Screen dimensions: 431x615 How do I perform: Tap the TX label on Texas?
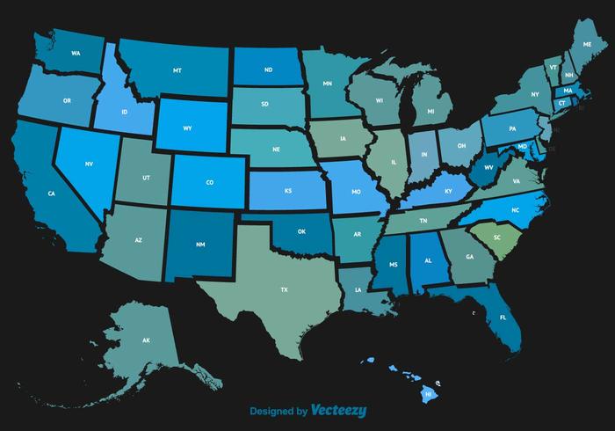tap(284, 289)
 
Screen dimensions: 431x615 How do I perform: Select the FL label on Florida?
tap(503, 317)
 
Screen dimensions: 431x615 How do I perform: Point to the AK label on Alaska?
tap(147, 340)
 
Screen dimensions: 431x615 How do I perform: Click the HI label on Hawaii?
tap(429, 395)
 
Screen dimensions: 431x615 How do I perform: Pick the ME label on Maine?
tap(587, 43)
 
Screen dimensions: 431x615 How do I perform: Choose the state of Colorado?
tap(209, 183)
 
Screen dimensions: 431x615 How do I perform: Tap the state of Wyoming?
tap(187, 128)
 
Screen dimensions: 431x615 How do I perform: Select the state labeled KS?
tap(287, 190)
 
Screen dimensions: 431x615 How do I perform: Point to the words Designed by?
tap(278, 411)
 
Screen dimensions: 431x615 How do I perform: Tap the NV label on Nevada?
tap(89, 164)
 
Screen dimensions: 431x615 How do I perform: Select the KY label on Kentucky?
tap(448, 190)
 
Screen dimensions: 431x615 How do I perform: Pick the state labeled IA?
tap(343, 137)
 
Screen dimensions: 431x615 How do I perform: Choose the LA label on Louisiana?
tap(358, 289)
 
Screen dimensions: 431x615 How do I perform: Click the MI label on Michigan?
tap(430, 113)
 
